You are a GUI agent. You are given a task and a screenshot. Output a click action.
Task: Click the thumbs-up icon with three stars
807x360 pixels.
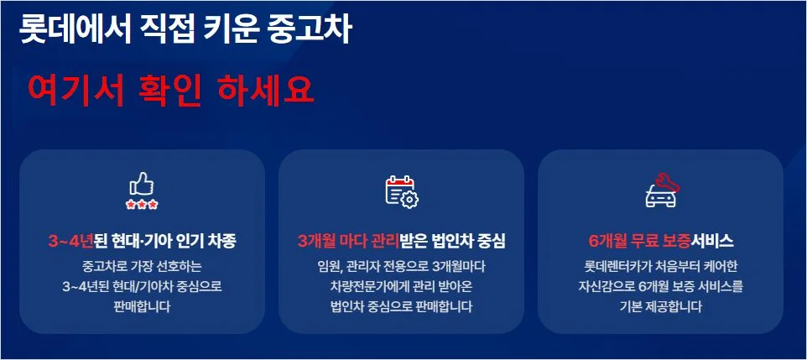click(142, 190)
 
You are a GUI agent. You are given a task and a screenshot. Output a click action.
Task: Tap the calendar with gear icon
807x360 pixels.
click(401, 190)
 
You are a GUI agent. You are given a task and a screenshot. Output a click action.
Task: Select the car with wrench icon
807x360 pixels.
click(661, 190)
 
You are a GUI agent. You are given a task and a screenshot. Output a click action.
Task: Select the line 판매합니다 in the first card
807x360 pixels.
click(141, 306)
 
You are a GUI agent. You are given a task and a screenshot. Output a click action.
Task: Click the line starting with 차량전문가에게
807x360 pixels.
click(401, 286)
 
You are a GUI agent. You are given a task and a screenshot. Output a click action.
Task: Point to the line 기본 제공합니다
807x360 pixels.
click(660, 306)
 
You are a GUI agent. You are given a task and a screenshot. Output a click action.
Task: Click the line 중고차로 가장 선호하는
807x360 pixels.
click(141, 267)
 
